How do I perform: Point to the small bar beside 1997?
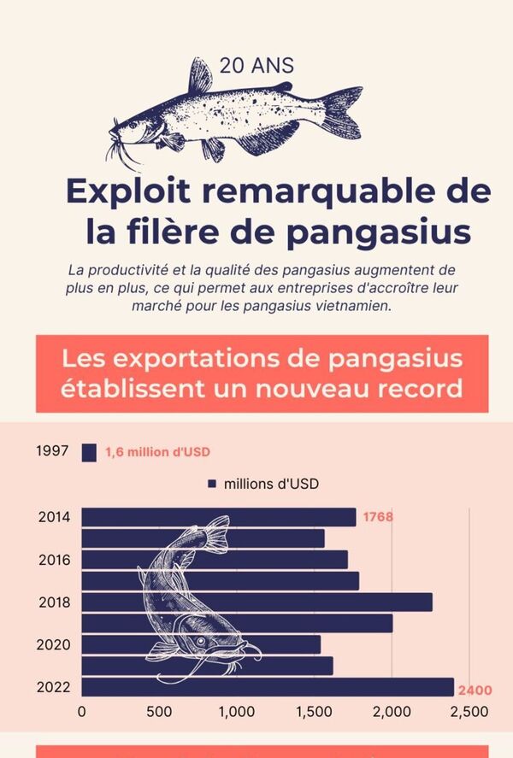(x=89, y=452)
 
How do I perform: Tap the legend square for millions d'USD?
(x=211, y=484)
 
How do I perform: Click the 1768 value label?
(x=377, y=517)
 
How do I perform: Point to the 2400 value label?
(x=475, y=690)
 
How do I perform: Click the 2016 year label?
(x=54, y=560)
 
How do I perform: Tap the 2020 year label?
(x=54, y=644)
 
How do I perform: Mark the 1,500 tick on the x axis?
(x=315, y=711)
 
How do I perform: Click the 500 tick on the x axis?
(x=159, y=711)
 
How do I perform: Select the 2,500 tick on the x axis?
(x=469, y=711)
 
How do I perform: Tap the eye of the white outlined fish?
(x=201, y=640)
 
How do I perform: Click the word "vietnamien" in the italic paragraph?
(x=355, y=305)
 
